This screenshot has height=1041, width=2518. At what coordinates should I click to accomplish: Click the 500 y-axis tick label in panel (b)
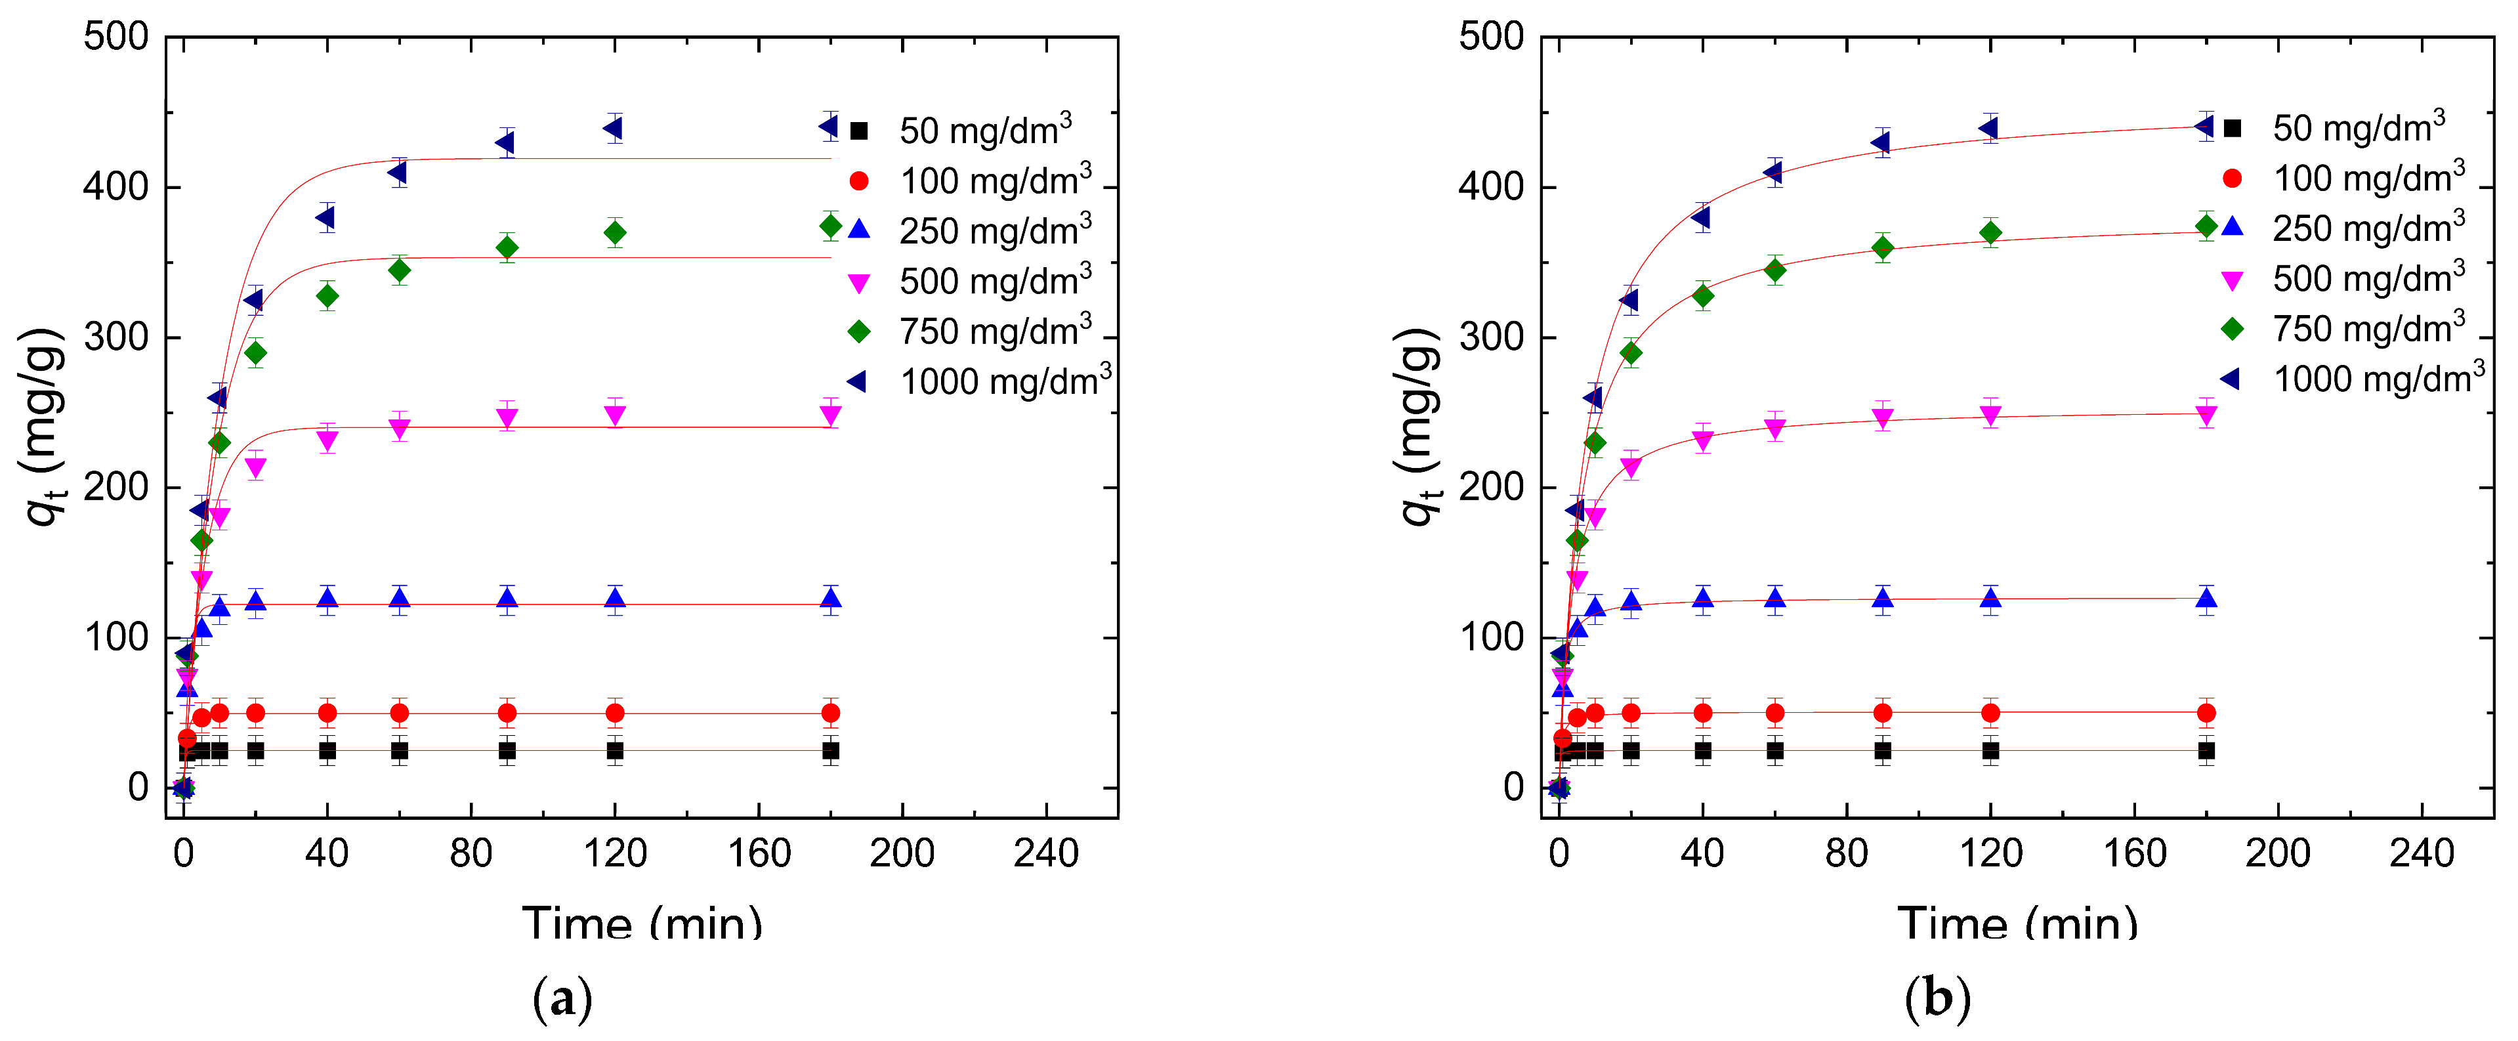point(1491,37)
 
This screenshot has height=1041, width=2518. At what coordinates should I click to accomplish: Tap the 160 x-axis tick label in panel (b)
point(2134,853)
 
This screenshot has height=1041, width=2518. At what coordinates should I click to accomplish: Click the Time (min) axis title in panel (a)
point(642,921)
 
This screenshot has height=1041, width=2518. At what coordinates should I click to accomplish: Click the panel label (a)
point(562,999)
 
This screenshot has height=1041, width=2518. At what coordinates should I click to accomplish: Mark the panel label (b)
point(1937,999)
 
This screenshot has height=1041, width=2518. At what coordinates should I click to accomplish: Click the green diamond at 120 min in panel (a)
point(615,232)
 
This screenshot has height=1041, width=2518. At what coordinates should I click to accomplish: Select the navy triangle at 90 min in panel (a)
point(505,142)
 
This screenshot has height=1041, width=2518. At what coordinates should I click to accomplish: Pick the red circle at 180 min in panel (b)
point(2206,713)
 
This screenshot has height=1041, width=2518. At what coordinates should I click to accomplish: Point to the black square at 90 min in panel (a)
point(507,751)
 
